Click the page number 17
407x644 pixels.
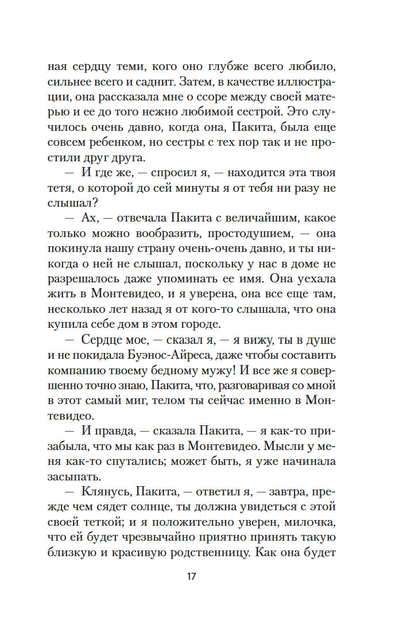(191, 576)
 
